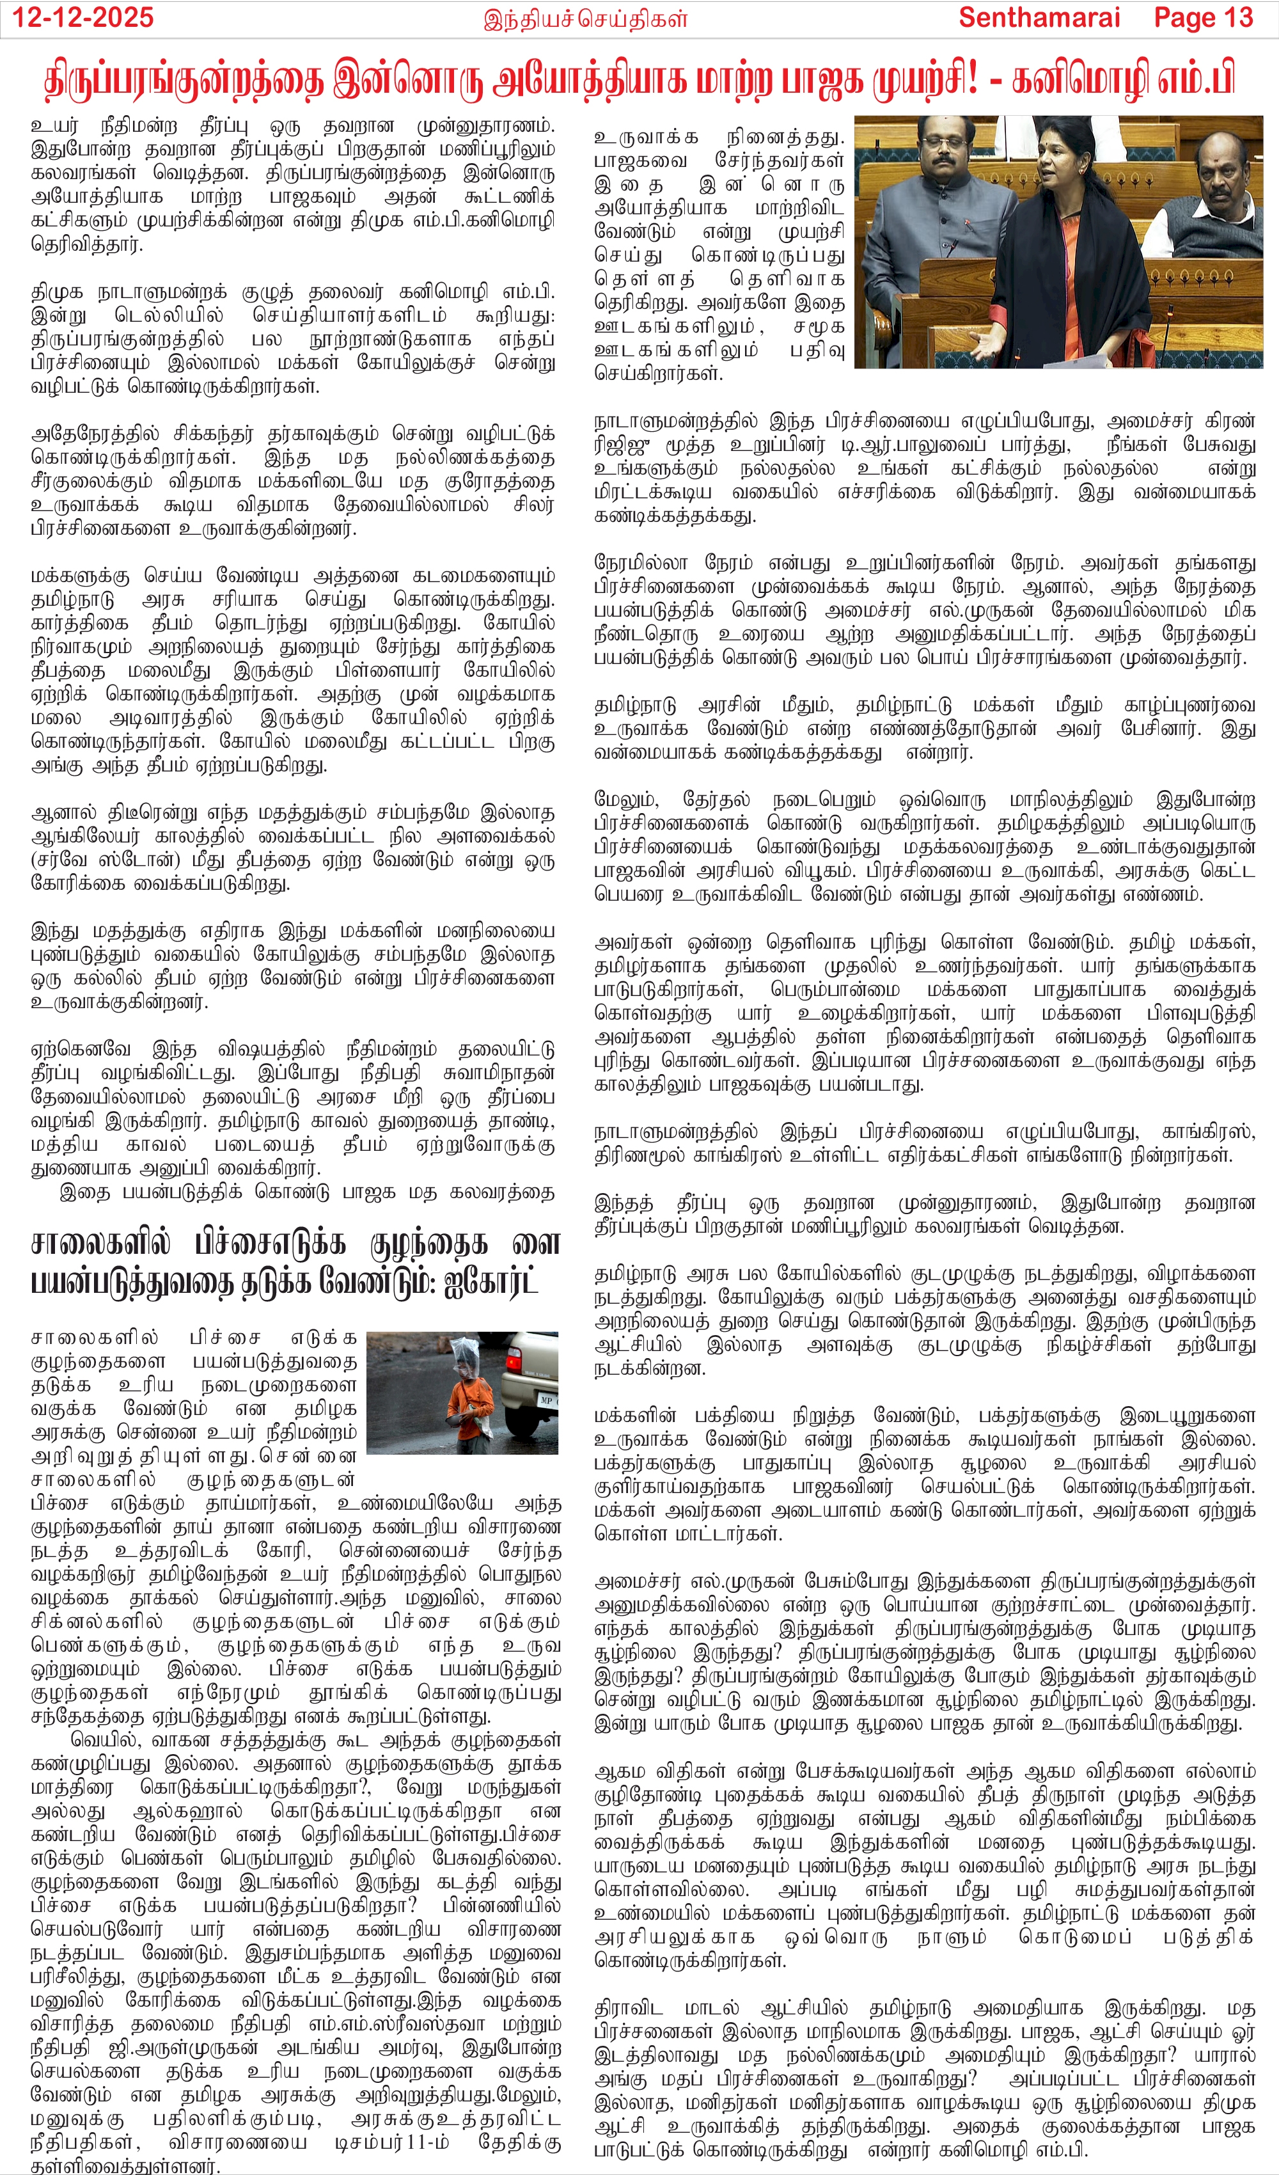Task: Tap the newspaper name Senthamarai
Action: tap(1039, 17)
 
